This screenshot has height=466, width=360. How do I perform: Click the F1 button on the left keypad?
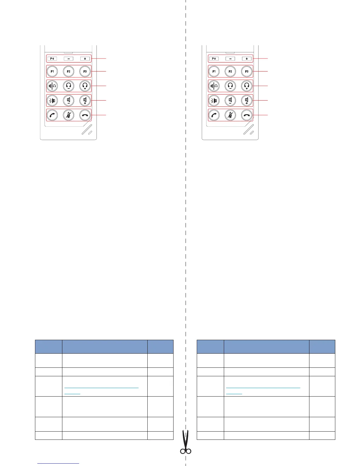pyautogui.click(x=52, y=71)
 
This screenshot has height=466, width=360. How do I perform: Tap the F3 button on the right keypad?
pyautogui.click(x=247, y=71)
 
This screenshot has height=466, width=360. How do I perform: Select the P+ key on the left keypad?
pyautogui.click(x=52, y=59)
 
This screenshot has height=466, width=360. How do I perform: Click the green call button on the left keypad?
pyautogui.click(x=52, y=115)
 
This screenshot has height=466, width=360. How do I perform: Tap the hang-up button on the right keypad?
pyautogui.click(x=247, y=115)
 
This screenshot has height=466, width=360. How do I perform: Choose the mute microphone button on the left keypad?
pyautogui.click(x=69, y=115)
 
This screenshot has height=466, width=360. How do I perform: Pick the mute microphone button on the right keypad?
pyautogui.click(x=230, y=115)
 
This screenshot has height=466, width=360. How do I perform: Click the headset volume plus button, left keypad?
pyautogui.click(x=85, y=86)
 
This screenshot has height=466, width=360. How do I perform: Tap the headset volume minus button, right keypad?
pyautogui.click(x=230, y=86)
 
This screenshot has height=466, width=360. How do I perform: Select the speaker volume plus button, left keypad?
pyautogui.click(x=85, y=101)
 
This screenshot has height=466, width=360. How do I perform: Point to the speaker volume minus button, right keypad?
pyautogui.click(x=230, y=101)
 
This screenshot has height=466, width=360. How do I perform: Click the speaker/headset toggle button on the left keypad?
pyautogui.click(x=52, y=86)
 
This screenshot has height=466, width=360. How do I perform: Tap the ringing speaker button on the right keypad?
pyautogui.click(x=214, y=101)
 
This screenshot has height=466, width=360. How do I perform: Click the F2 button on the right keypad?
pyautogui.click(x=230, y=71)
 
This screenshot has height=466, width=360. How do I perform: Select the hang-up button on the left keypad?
pyautogui.click(x=85, y=115)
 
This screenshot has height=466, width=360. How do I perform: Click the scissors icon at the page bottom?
pyautogui.click(x=186, y=443)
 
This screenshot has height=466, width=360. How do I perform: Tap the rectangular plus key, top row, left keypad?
pyautogui.click(x=85, y=59)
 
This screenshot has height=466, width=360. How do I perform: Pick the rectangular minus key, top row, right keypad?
pyautogui.click(x=230, y=59)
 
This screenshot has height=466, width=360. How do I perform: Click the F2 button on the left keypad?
pyautogui.click(x=69, y=71)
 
